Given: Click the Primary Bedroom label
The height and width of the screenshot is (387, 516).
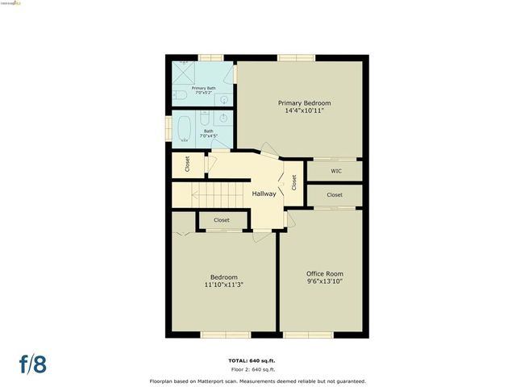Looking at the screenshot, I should (304, 103).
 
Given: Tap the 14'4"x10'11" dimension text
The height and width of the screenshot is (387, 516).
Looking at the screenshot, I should (304, 111).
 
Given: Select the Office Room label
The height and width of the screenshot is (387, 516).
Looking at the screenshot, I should (325, 273).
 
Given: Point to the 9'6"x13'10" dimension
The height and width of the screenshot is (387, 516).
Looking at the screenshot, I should (325, 281).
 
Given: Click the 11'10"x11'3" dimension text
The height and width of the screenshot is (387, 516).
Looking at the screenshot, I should (224, 285).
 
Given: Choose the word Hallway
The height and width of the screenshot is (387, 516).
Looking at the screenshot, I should (264, 193).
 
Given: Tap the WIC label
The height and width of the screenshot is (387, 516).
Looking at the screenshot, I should (335, 171).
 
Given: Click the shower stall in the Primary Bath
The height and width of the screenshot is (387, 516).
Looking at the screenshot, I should (185, 73).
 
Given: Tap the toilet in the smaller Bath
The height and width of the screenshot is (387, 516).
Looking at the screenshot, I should (205, 119).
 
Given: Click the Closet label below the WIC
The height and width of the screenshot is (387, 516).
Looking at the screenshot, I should (335, 195).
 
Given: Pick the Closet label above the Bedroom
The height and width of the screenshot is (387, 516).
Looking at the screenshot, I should (221, 220).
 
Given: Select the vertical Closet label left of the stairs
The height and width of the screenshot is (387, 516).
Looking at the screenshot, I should (187, 164).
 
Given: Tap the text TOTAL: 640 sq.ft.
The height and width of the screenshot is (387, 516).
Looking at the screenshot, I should (257, 360).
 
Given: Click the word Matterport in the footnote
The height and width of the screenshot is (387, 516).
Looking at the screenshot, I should (236, 381).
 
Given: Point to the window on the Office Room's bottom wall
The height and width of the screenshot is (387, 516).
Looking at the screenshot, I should (308, 334).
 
